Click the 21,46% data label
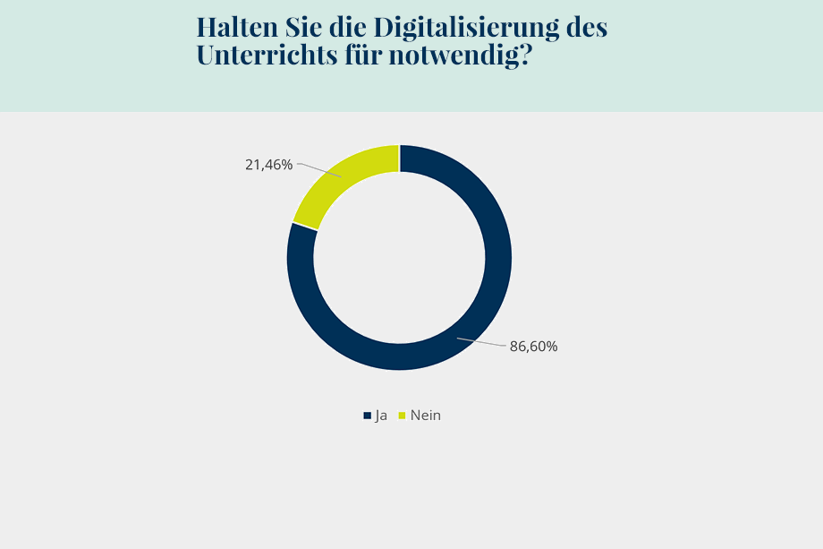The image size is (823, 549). point(268,165)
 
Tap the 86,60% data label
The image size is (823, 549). point(534,347)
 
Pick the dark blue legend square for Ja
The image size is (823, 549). point(367,416)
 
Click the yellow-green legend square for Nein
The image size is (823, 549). point(402,416)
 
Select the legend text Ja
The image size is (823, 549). point(381,416)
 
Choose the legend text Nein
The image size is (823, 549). point(426,416)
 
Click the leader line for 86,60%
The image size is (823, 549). point(481,342)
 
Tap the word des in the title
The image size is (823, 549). point(588,27)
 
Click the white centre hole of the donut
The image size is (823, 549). point(399,258)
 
